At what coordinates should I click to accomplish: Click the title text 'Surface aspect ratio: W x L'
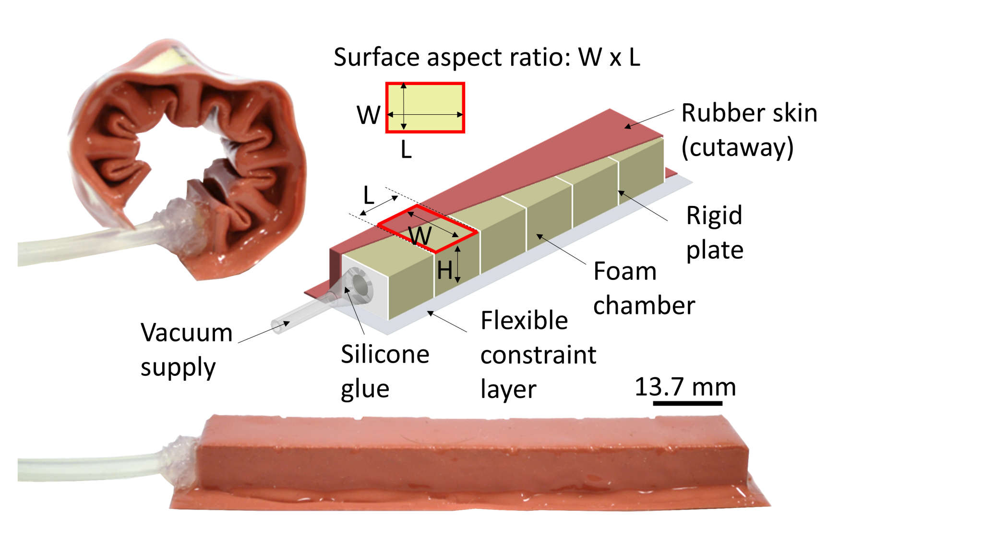(487, 58)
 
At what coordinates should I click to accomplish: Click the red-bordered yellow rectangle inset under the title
(425, 108)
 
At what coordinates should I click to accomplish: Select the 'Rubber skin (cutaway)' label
(749, 130)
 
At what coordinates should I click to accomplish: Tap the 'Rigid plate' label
(714, 232)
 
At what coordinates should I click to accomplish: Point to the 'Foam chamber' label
(644, 288)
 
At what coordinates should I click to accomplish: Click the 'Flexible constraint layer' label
(538, 354)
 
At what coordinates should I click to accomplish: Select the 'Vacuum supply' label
(186, 349)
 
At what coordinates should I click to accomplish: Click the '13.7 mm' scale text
(685, 386)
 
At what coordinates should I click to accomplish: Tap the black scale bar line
(687, 403)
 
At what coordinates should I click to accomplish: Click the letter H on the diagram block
(444, 271)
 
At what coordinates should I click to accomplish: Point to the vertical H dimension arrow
(458, 264)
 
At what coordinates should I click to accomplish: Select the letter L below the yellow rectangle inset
(406, 150)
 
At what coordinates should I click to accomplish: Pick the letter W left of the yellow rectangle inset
(368, 115)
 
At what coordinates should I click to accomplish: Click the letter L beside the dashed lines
(368, 195)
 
